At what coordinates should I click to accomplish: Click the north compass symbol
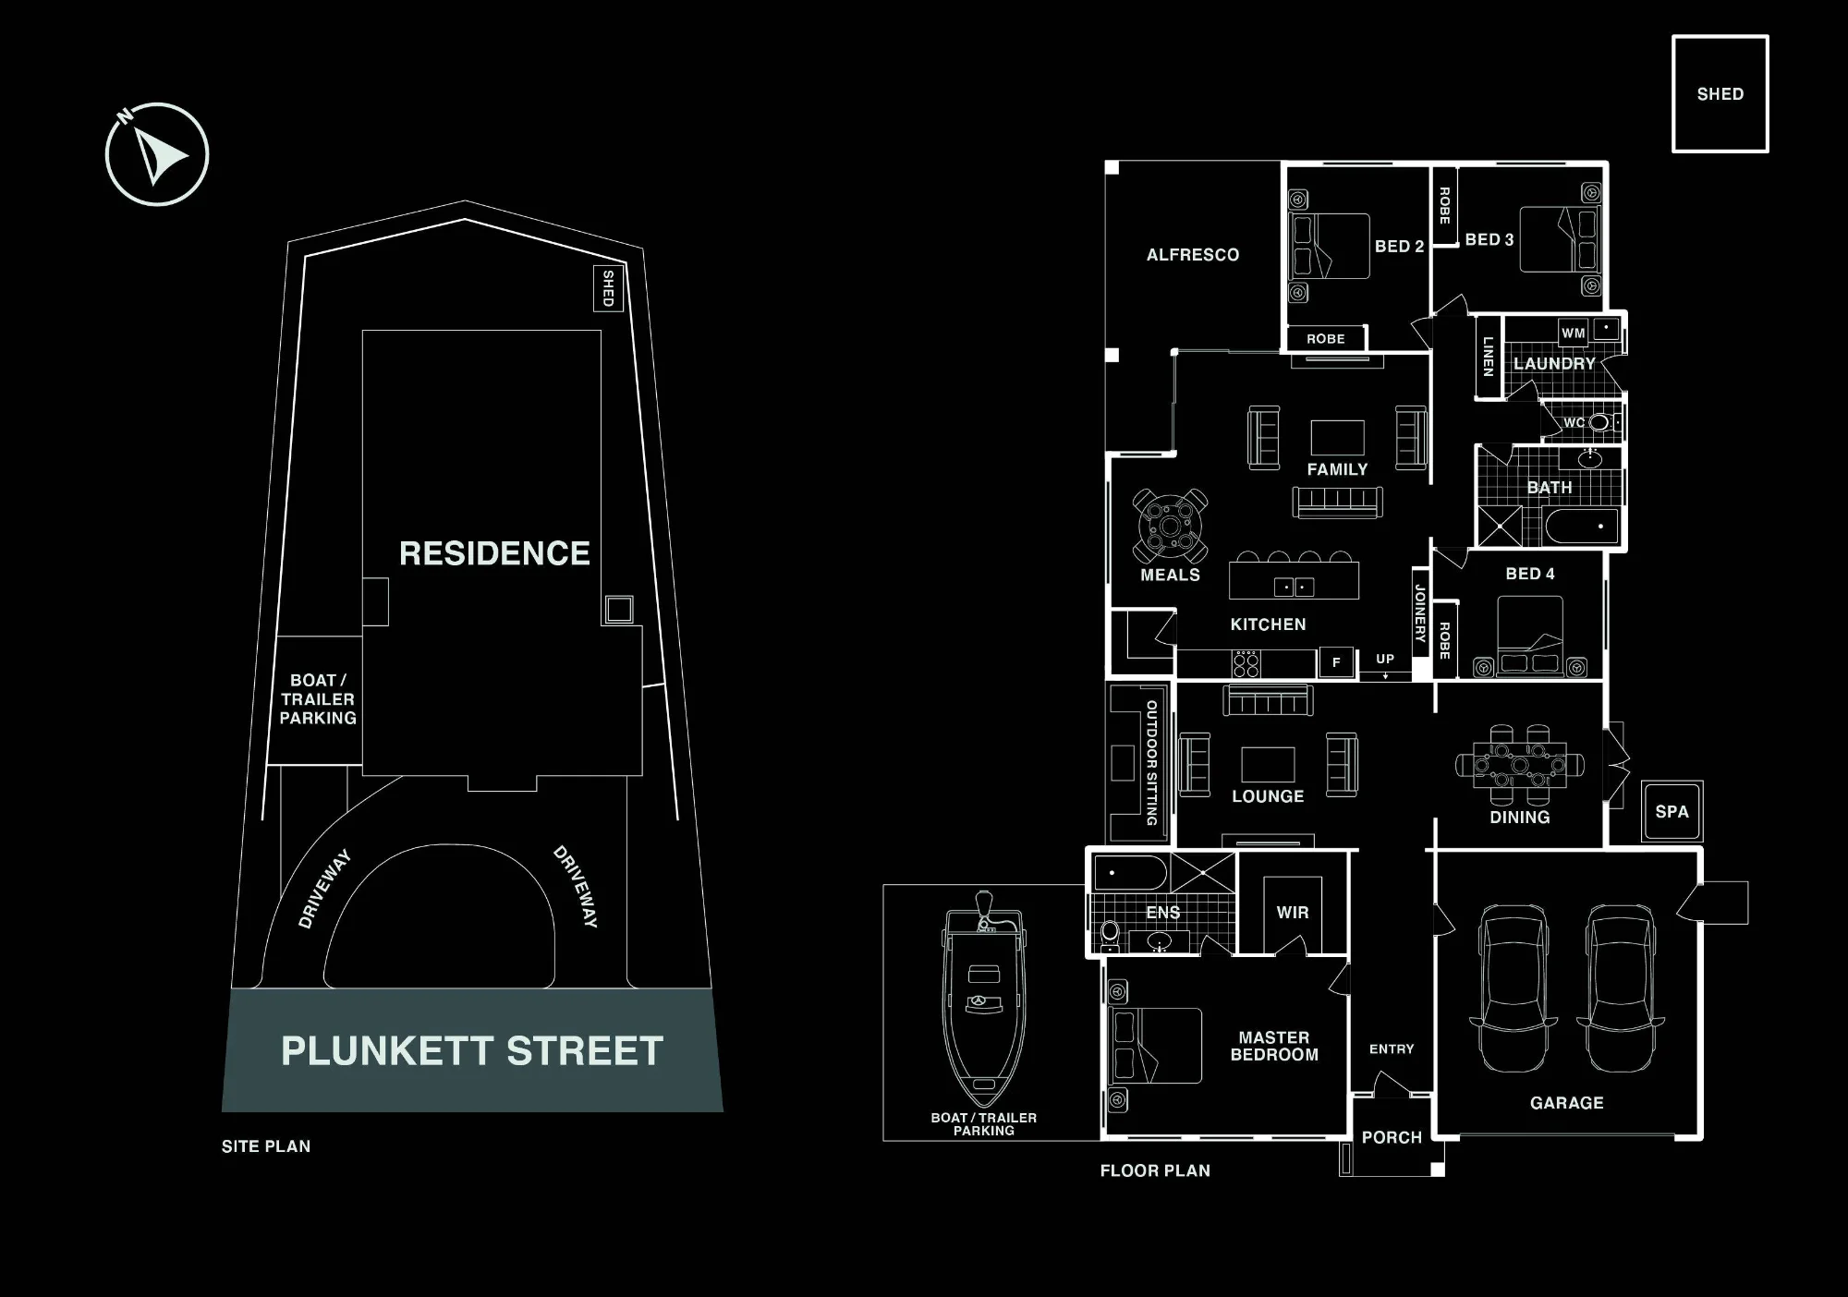[x=157, y=153]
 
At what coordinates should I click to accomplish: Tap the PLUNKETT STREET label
[x=472, y=1051]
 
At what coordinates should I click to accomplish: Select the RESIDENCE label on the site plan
[x=494, y=553]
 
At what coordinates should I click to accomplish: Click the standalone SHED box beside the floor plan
[x=1720, y=93]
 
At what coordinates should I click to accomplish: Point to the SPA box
[x=1672, y=811]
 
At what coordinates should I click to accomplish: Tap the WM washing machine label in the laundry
[x=1574, y=333]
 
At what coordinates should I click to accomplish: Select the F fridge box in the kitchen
[x=1336, y=662]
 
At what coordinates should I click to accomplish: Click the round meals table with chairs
[x=1171, y=526]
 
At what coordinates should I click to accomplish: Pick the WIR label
[x=1293, y=913]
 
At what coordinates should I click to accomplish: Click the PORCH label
[x=1392, y=1137]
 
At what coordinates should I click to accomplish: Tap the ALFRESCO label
[x=1193, y=255]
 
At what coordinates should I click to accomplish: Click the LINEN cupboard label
[x=1488, y=357]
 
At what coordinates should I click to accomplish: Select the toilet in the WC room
[x=1600, y=422]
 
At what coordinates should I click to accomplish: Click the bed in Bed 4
[x=1530, y=636]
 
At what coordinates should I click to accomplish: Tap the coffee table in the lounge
[x=1268, y=765]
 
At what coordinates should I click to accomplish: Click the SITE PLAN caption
[x=266, y=1146]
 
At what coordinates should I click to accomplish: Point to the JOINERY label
[x=1420, y=613]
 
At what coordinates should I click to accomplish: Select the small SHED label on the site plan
[x=608, y=288]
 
